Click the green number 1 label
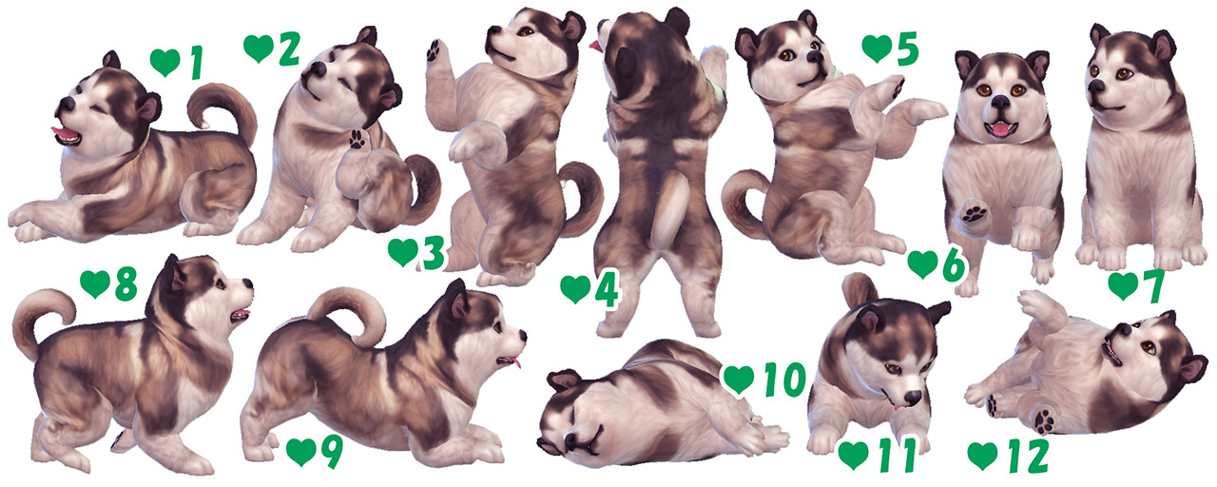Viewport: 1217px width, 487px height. [x=196, y=63]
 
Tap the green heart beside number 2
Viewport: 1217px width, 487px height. [x=258, y=48]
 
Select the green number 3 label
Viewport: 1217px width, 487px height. [x=433, y=254]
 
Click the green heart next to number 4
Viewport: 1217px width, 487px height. [x=575, y=288]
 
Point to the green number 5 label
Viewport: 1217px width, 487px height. [x=907, y=49]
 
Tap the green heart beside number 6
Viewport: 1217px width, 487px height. [x=922, y=263]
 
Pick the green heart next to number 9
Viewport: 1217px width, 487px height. [x=300, y=451]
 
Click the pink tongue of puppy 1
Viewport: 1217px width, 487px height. [x=63, y=132]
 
